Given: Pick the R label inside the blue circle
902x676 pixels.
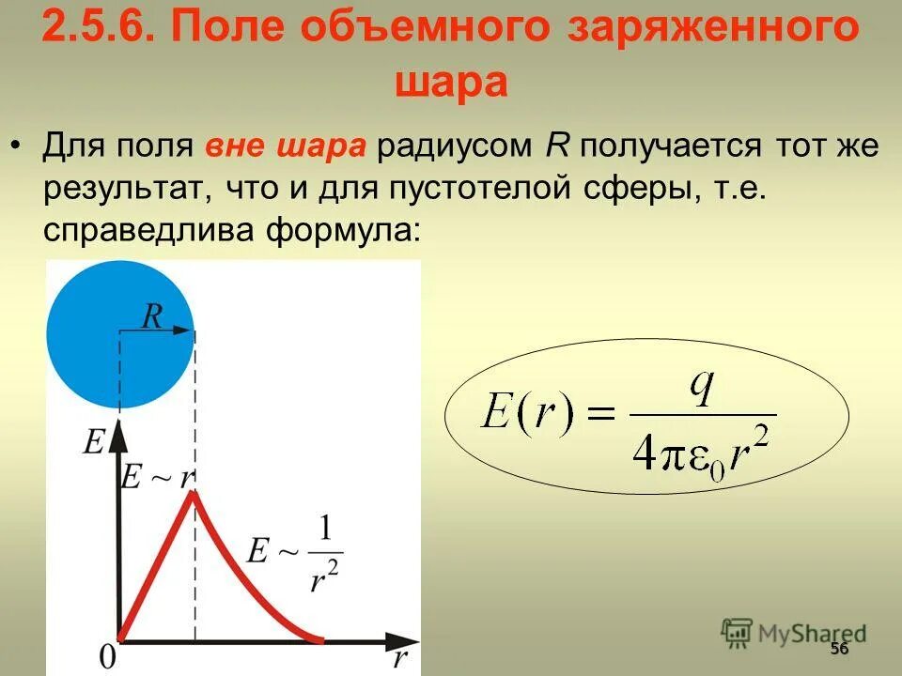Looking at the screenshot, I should point(151,316).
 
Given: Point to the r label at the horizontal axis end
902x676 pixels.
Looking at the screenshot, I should point(400,657).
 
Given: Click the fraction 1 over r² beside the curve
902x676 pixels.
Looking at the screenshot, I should point(323,554).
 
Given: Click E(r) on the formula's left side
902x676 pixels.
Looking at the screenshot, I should point(525,413).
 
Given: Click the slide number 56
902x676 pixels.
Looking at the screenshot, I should point(839,651).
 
